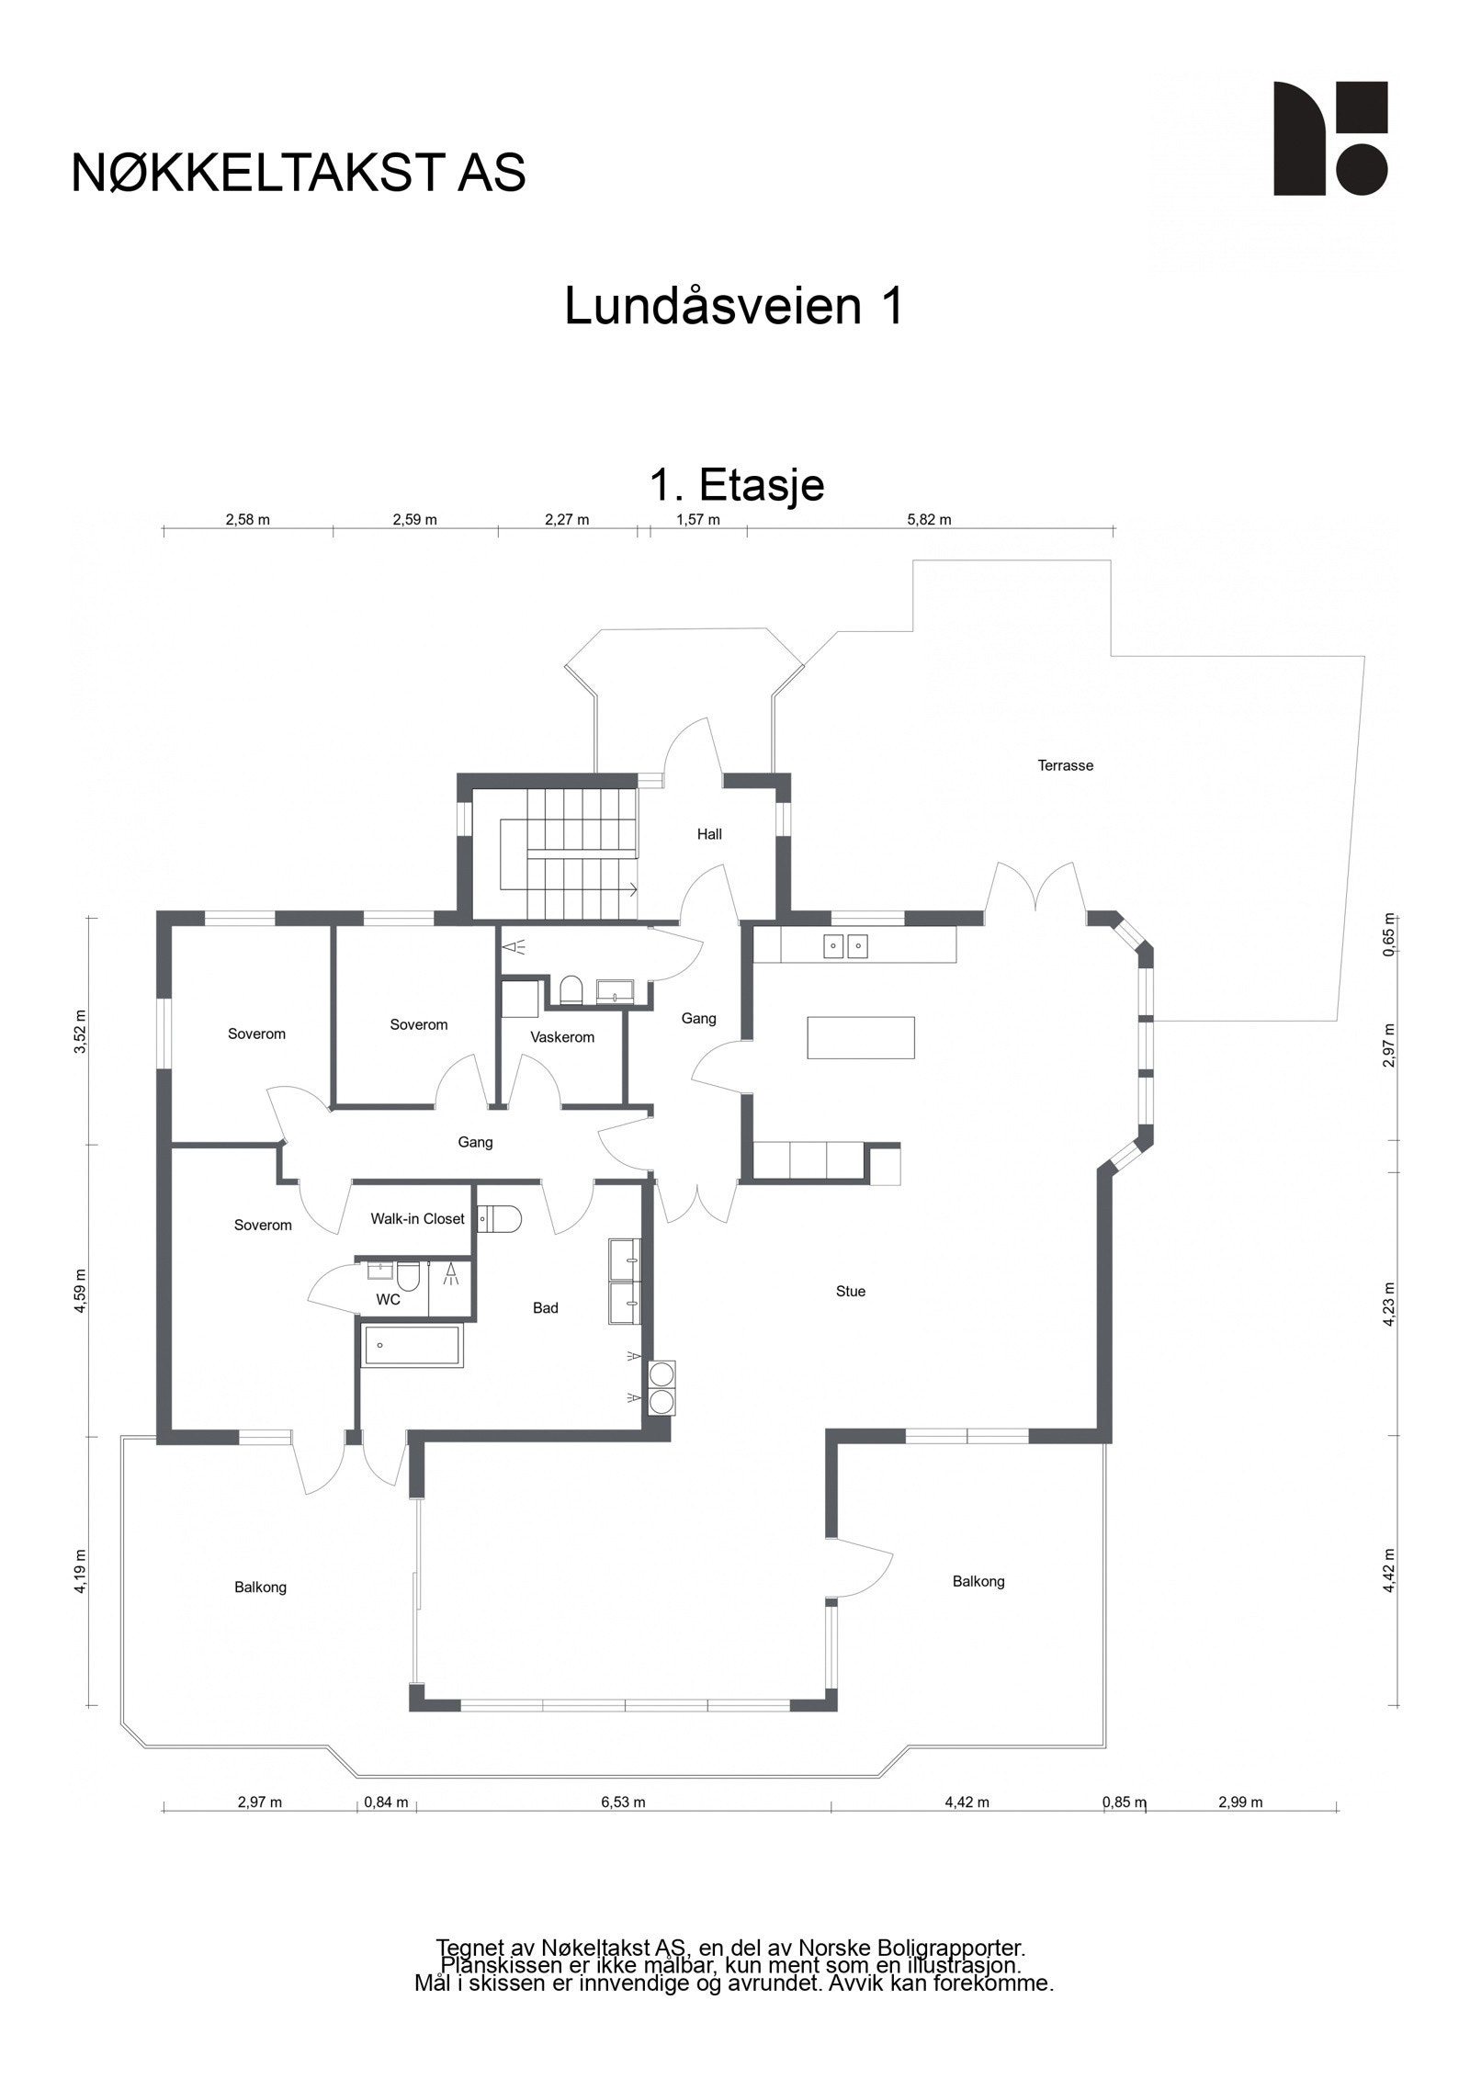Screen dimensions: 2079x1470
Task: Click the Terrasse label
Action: (1065, 765)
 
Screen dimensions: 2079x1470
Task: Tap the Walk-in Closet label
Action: (417, 1218)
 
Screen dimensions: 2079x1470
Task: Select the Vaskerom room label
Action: (562, 1037)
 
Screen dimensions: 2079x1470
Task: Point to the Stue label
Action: (850, 1291)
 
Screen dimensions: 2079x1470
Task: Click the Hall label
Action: (708, 834)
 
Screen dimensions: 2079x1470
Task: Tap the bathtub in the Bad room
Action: (411, 1346)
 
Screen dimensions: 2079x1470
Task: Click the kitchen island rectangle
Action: (860, 1037)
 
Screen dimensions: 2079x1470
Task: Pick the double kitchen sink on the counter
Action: (845, 944)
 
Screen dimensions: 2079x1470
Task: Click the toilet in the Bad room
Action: (500, 1219)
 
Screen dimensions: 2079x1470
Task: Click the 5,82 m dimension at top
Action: (929, 520)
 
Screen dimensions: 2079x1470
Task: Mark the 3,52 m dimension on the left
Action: (80, 1031)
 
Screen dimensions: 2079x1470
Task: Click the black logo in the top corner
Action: (1329, 139)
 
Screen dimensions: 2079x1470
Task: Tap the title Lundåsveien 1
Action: (733, 307)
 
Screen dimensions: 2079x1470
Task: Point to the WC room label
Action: (388, 1299)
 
